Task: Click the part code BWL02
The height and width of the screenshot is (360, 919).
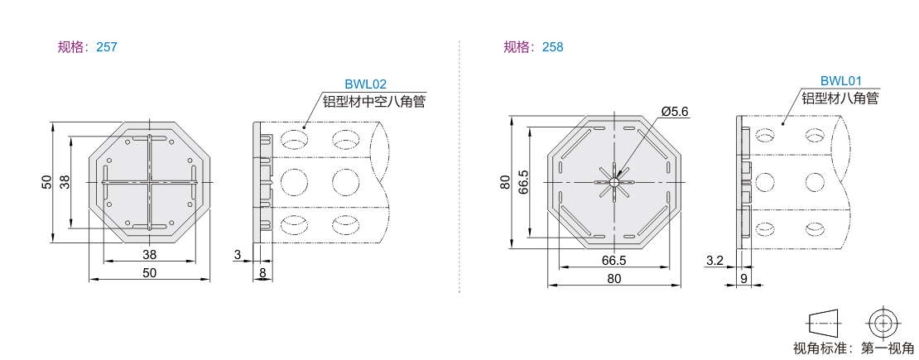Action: (x=366, y=84)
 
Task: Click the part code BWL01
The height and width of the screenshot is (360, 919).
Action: (x=841, y=81)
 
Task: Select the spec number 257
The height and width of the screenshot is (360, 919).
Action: (x=107, y=47)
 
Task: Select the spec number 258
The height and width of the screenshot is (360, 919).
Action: (x=553, y=47)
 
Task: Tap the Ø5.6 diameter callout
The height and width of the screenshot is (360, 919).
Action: (x=674, y=111)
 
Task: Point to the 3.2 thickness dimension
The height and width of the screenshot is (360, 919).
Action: (x=715, y=260)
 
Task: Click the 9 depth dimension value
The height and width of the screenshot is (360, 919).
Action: (x=743, y=279)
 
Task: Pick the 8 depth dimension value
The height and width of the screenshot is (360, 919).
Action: (x=262, y=272)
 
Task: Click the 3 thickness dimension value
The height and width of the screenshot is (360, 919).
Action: (x=238, y=254)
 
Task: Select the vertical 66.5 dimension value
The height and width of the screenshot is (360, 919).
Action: (x=524, y=182)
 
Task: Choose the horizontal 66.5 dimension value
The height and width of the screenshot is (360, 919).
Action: (x=613, y=260)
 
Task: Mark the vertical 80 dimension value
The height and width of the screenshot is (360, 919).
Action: (x=505, y=182)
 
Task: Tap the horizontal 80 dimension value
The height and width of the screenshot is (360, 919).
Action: (x=613, y=279)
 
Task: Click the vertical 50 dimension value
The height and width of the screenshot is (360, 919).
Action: (x=47, y=182)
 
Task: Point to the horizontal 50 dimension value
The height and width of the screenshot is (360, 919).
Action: (x=150, y=272)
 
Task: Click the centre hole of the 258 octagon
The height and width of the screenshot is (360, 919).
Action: (x=613, y=182)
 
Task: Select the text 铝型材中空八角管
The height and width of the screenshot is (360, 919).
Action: (x=374, y=102)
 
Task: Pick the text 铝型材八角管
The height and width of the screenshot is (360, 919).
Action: (x=840, y=98)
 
